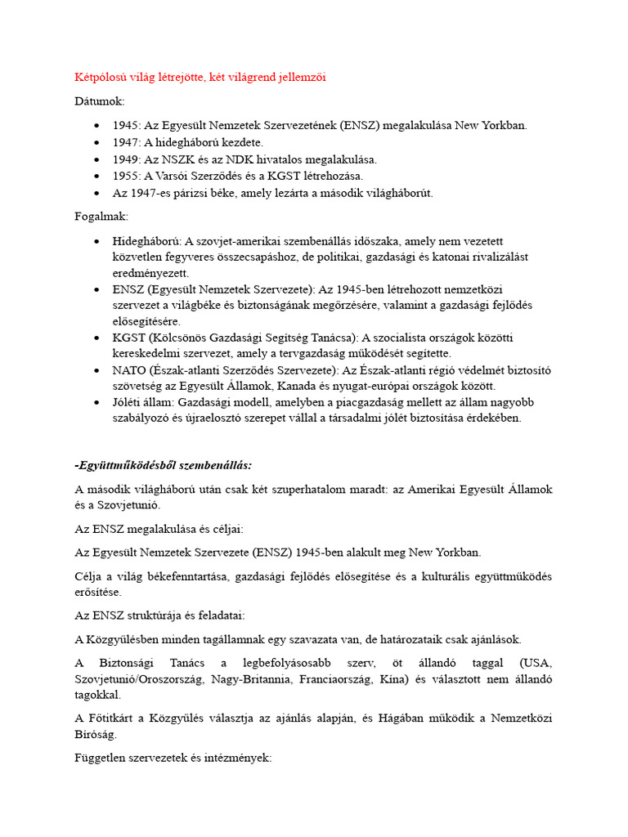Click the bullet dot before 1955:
click(97, 177)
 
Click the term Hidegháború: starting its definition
click(147, 241)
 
